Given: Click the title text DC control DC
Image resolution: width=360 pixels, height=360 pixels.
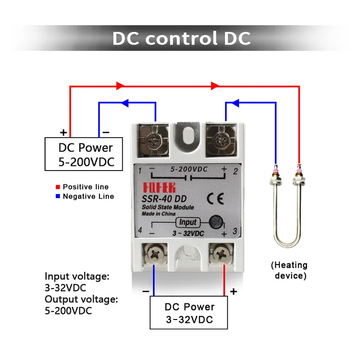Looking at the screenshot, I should click(181, 38).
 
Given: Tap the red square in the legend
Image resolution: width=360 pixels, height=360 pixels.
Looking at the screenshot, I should click(58, 187).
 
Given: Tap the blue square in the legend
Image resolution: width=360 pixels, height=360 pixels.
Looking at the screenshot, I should click(58, 196).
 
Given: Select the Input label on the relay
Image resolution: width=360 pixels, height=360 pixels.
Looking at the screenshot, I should click(188, 222).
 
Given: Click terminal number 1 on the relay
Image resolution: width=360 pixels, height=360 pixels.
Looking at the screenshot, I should click(140, 171).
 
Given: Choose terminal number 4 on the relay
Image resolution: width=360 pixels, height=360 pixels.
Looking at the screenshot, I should click(140, 230).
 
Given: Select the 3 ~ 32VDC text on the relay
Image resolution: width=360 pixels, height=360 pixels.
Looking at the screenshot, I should click(188, 233).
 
